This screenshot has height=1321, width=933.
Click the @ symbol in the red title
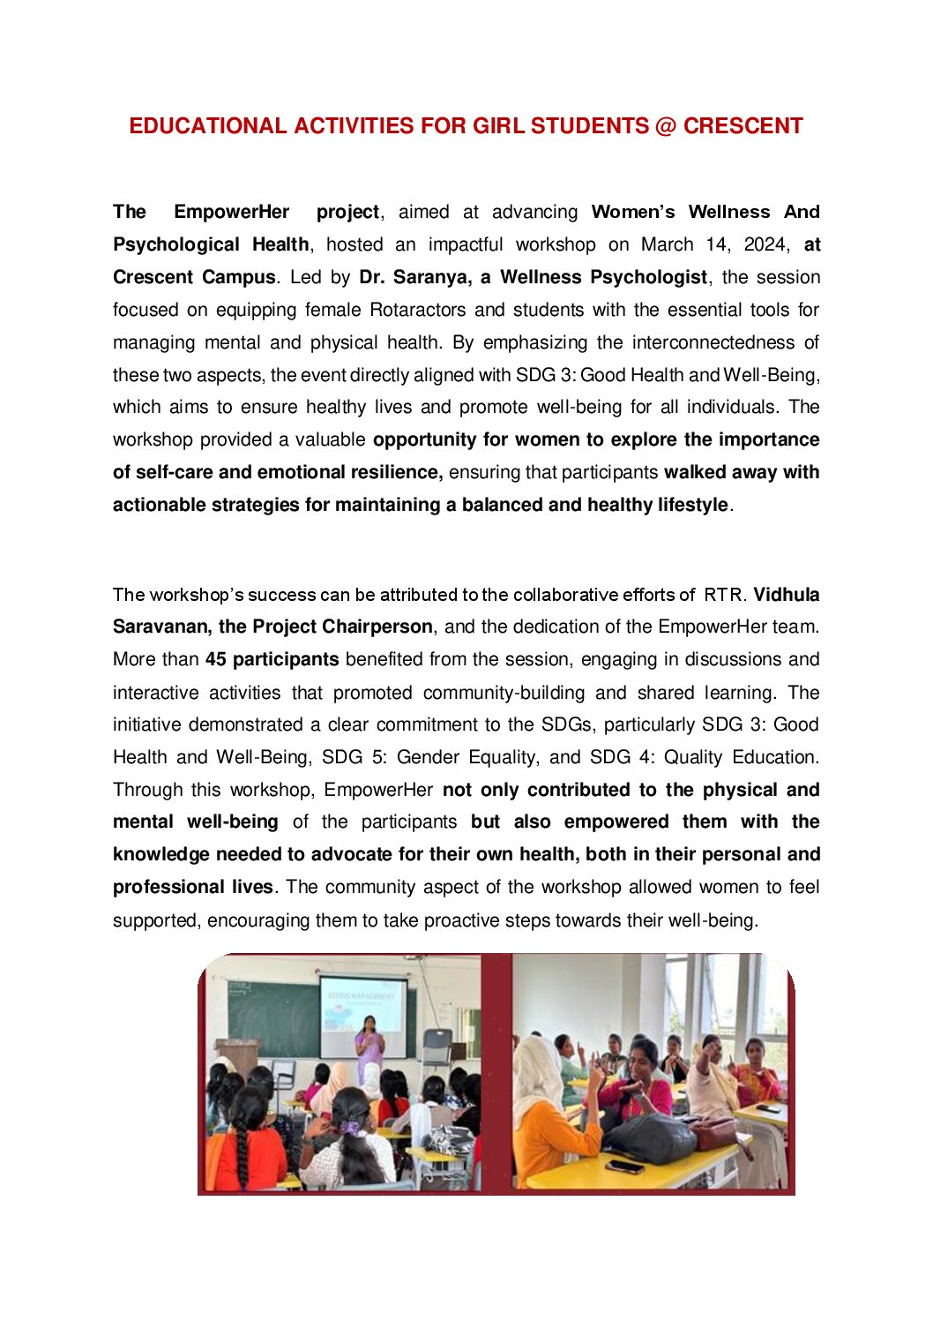point(666,126)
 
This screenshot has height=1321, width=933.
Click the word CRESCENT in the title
point(743,126)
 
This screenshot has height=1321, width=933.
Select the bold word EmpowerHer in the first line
point(231,212)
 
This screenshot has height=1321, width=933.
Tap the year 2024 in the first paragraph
point(764,244)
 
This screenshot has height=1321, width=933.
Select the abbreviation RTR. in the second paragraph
point(724,595)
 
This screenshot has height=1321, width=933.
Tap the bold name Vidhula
point(786,595)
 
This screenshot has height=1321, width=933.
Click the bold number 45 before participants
point(216,659)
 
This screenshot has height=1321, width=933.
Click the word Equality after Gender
point(496,757)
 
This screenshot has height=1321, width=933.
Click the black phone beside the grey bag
point(624,1167)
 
